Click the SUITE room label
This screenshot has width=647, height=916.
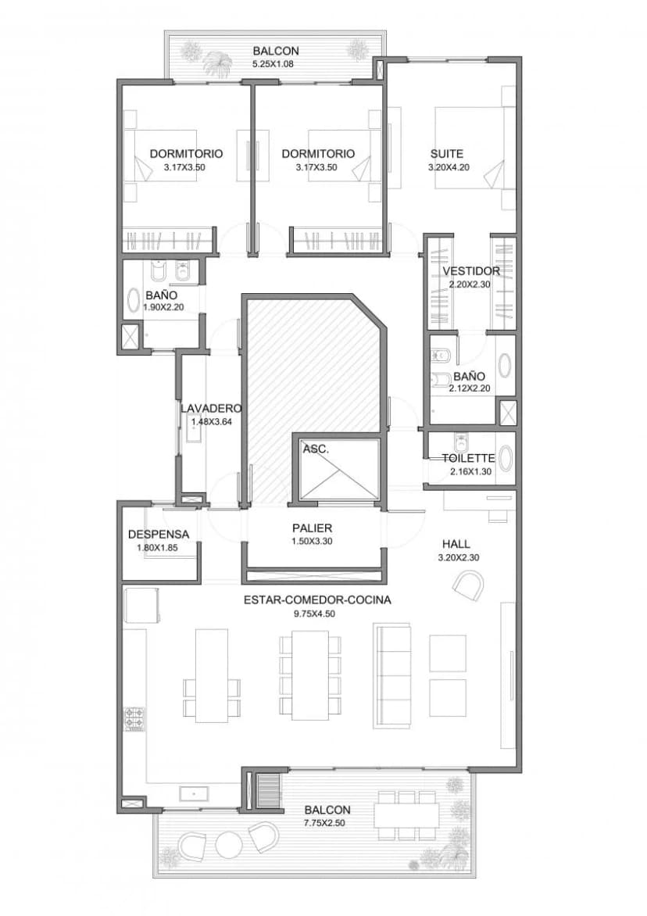point(447,154)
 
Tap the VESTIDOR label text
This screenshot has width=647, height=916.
point(471,271)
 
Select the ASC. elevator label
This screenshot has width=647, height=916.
point(316,450)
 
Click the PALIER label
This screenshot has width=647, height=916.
point(313,528)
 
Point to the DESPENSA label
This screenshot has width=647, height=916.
point(159,534)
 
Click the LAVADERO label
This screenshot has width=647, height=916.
point(211,408)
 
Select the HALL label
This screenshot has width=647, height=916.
point(456,544)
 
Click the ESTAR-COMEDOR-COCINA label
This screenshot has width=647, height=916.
point(317,600)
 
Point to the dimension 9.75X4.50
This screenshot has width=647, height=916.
point(316,614)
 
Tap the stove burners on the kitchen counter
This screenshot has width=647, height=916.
point(134,719)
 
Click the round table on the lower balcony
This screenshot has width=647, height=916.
point(230,844)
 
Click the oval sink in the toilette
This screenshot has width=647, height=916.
point(506,459)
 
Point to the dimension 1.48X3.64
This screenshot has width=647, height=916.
point(212,420)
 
